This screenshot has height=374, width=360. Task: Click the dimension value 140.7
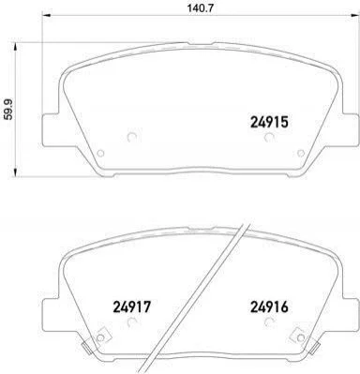[x=201, y=8]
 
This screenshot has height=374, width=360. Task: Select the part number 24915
[x=269, y=122]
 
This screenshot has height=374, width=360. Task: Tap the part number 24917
[x=131, y=307]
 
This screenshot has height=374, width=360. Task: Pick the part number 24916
[x=269, y=307]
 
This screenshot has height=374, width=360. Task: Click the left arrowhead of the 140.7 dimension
[x=46, y=16]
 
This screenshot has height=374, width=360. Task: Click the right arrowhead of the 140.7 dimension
[x=354, y=16]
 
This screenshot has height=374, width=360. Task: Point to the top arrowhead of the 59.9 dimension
[x=14, y=48]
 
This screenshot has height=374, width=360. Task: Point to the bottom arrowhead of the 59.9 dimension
[x=14, y=172]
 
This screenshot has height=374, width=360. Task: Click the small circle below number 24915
[x=269, y=137]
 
